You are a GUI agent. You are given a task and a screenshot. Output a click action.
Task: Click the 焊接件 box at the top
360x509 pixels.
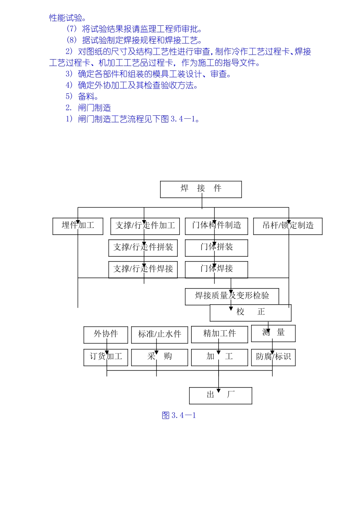(x=201, y=189)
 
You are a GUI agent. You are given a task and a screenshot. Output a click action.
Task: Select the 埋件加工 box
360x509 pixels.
(x=78, y=226)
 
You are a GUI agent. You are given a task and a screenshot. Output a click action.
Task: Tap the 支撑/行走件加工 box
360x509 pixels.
(x=145, y=226)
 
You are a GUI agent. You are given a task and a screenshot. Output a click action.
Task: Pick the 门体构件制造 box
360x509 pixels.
(x=216, y=226)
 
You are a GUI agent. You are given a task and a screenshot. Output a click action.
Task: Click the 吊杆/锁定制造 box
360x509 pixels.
(x=288, y=226)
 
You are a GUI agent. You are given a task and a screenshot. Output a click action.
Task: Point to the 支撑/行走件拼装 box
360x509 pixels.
(x=143, y=248)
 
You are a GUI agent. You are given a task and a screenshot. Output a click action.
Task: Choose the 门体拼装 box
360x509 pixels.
(x=216, y=248)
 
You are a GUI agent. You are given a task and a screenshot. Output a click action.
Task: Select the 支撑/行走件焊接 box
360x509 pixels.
(x=143, y=269)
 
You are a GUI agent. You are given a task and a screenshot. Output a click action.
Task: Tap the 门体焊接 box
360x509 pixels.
(x=216, y=269)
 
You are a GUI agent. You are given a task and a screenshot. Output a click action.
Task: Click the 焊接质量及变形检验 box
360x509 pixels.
(x=232, y=296)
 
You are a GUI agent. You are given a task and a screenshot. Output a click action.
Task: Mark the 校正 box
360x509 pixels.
(x=250, y=313)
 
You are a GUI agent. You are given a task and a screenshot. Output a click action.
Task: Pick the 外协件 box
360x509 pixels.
(x=106, y=335)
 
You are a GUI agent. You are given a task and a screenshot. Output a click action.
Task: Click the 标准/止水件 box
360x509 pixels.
(x=160, y=335)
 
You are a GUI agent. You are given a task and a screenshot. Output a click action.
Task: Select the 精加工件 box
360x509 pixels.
(x=219, y=335)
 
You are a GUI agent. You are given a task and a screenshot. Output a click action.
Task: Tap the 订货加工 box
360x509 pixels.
(x=106, y=357)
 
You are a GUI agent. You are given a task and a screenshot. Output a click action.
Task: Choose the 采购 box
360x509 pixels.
(x=160, y=357)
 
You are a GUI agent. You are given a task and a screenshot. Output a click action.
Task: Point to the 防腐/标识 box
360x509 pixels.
(x=273, y=357)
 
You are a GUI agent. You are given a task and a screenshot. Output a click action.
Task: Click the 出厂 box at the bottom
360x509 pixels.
(x=221, y=396)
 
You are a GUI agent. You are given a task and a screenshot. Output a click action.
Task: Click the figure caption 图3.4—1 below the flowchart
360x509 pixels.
(x=179, y=416)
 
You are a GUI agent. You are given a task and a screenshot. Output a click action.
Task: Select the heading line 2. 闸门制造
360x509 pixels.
(x=88, y=108)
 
